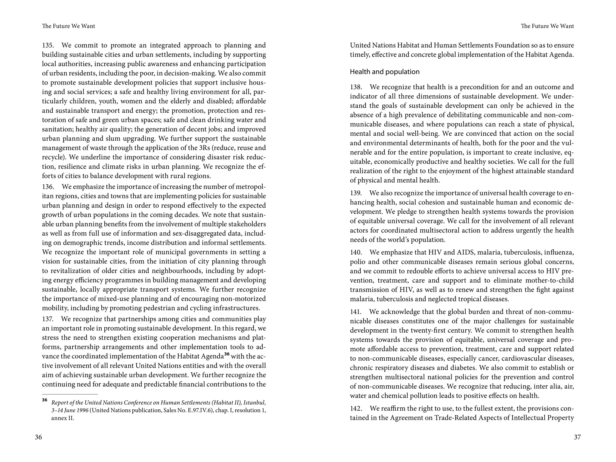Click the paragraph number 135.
48,45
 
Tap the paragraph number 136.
48,187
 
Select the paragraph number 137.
48,319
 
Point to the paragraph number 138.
356,87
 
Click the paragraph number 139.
356,193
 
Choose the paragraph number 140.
356,252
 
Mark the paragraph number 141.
356,312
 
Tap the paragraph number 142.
356,408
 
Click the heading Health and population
384,72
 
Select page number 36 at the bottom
38,437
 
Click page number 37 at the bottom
577,437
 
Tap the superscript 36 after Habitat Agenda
227,354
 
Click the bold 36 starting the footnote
45,400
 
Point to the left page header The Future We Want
69,26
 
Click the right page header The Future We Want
547,26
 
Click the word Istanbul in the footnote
254,403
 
